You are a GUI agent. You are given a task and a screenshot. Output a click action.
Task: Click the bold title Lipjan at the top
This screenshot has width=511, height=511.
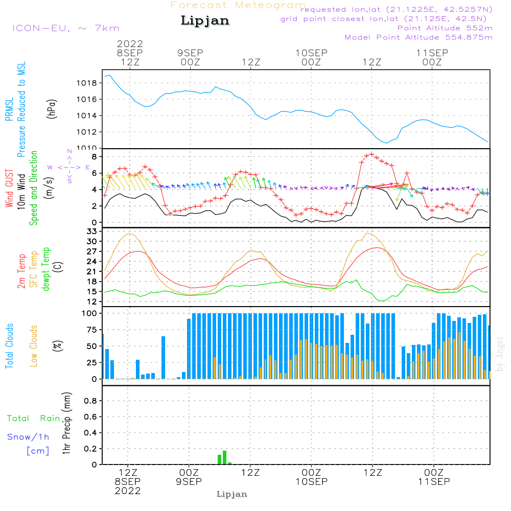click(x=205, y=21)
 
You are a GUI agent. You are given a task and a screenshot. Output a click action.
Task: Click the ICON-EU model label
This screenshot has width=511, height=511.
click(x=65, y=28)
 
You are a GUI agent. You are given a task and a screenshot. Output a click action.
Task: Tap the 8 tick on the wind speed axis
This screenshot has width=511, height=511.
click(x=94, y=156)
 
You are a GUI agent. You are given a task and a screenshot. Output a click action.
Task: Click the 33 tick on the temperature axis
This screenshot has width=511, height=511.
click(x=92, y=231)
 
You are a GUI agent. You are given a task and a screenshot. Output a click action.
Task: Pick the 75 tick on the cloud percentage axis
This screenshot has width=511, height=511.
click(x=92, y=330)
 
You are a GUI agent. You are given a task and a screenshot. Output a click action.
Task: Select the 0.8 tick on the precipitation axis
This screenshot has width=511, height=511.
click(x=91, y=401)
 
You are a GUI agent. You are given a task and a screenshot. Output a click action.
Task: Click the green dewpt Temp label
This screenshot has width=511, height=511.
click(x=46, y=269)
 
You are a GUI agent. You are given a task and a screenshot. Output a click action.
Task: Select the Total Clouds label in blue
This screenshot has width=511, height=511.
click(x=10, y=346)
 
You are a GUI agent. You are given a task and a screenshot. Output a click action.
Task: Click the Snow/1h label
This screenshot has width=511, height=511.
click(x=28, y=437)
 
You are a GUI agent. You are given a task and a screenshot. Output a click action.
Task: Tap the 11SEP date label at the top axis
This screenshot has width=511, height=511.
click(x=432, y=53)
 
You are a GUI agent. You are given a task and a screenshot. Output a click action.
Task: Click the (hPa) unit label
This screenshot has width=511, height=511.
click(x=52, y=108)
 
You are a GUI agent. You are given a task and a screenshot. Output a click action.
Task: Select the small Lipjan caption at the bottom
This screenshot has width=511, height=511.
click(x=232, y=494)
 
